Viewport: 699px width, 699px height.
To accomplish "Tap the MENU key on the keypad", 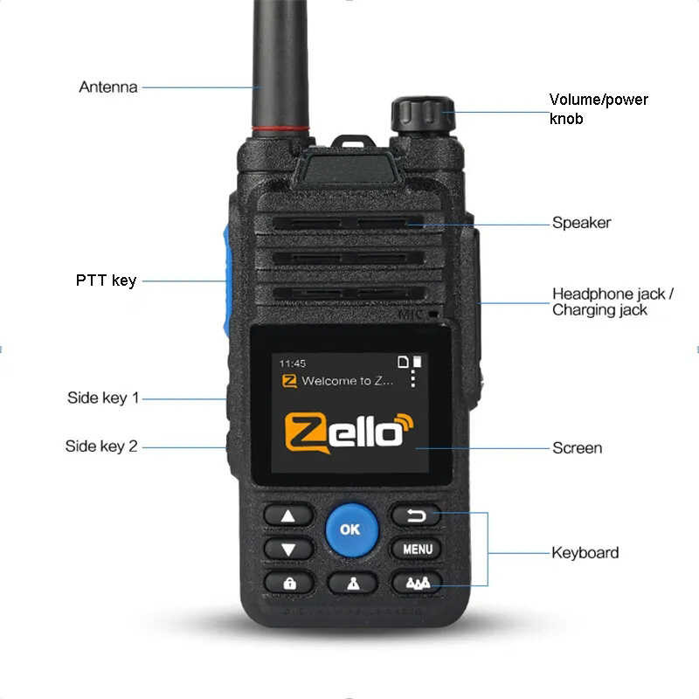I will point(417,550).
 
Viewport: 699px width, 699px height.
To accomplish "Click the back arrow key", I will point(417,516).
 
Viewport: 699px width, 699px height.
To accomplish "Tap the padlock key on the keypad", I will point(289,583).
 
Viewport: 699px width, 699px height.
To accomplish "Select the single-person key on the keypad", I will point(352,584).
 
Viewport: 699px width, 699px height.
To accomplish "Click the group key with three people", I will point(417,583).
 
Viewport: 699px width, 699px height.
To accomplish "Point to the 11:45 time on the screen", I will point(292,363).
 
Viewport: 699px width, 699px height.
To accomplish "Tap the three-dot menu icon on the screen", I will point(412,379).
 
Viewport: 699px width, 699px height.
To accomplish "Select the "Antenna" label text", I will point(108,87).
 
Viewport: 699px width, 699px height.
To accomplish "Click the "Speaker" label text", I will point(581,223).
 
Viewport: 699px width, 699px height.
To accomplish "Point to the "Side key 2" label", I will point(101,446).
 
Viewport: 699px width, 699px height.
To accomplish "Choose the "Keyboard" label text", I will point(585,552).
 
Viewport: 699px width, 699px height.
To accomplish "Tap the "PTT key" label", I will point(106,280).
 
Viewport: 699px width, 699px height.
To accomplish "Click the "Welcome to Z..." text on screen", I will point(347,381).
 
